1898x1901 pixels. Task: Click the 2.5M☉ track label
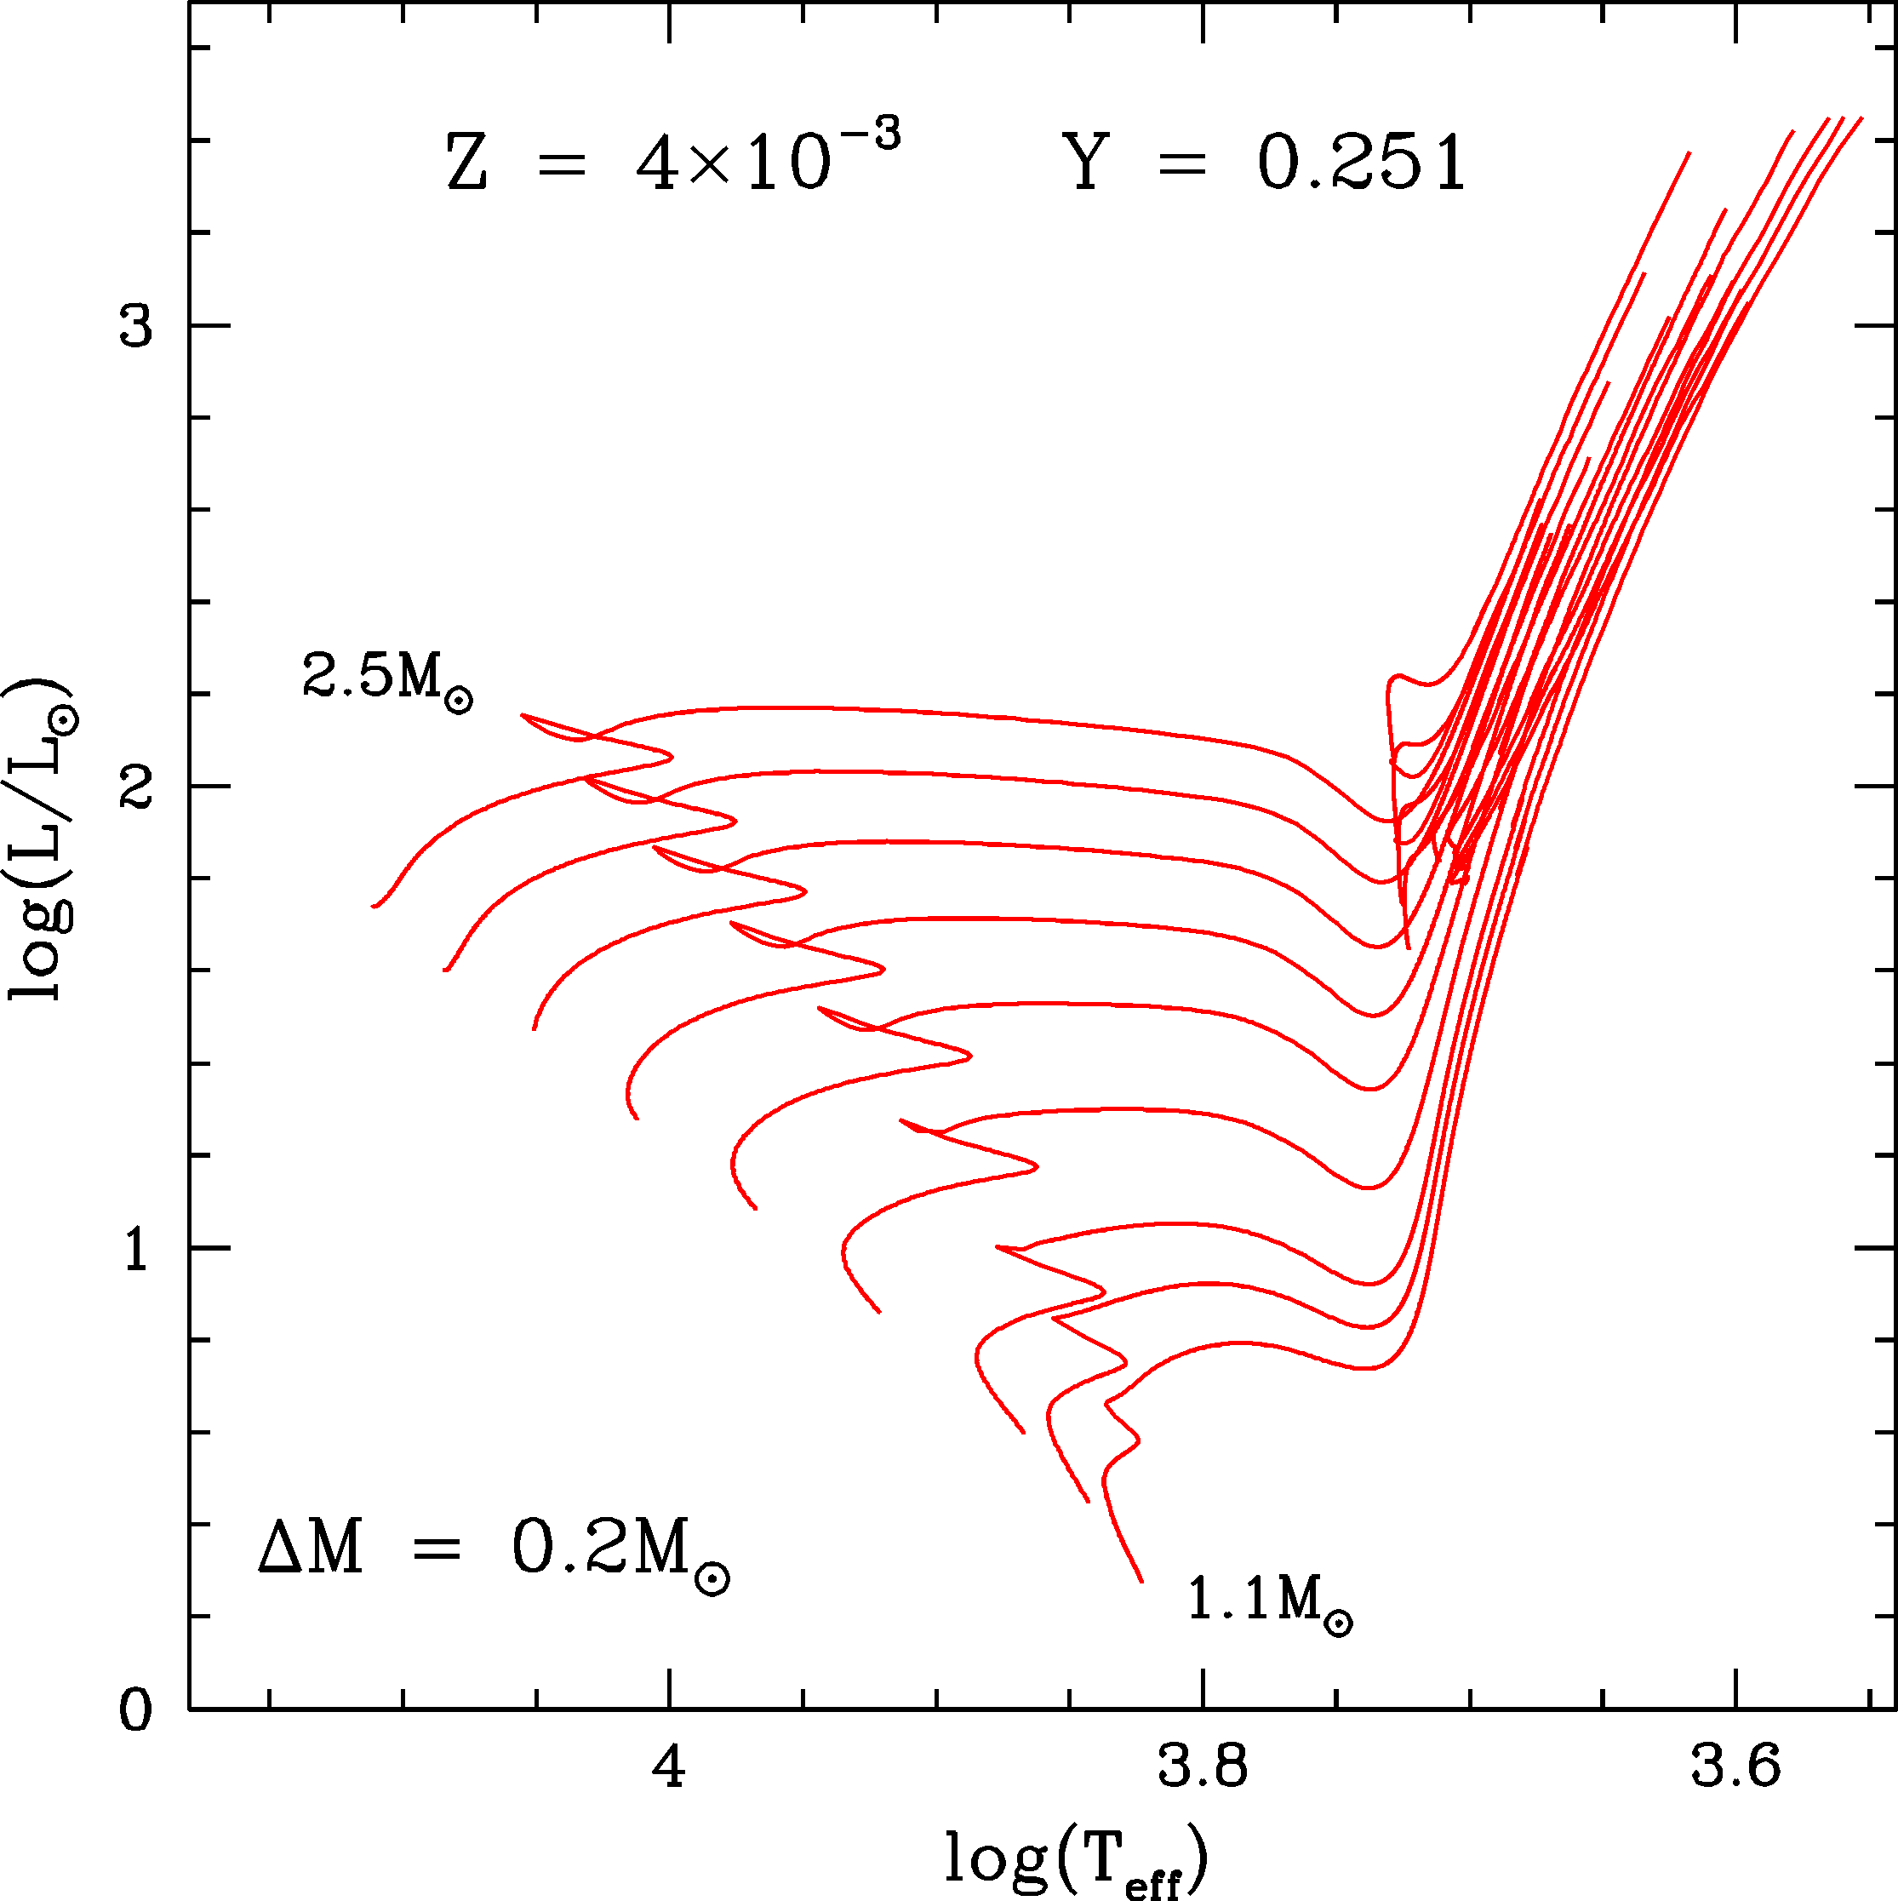pos(386,680)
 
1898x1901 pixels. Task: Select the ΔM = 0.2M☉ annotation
pos(492,1553)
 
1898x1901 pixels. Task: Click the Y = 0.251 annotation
pos(1265,163)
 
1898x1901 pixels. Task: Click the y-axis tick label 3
pos(137,327)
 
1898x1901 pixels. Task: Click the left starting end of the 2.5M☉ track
pos(373,906)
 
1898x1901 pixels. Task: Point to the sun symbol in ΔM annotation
pos(712,1580)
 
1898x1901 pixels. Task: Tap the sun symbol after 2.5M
pos(459,701)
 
